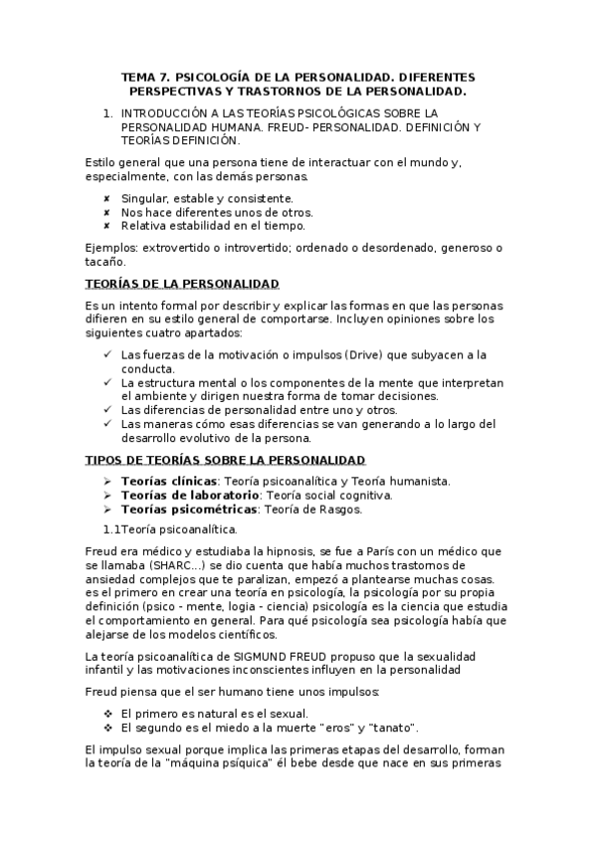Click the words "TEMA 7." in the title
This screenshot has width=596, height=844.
click(143, 77)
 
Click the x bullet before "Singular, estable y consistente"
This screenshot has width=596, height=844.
click(106, 198)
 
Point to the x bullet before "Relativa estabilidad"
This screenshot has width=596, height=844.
click(106, 225)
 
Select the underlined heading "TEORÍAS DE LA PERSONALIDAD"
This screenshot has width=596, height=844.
click(182, 284)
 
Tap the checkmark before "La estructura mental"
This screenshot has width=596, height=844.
click(106, 382)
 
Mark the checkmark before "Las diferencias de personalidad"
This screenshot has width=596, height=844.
click(106, 410)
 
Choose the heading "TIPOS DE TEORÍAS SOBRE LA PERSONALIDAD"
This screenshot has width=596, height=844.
click(226, 459)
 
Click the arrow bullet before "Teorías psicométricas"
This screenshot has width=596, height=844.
click(106, 509)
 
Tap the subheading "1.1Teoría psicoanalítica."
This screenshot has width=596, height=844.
click(170, 528)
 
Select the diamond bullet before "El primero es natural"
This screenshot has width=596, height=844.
click(106, 714)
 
